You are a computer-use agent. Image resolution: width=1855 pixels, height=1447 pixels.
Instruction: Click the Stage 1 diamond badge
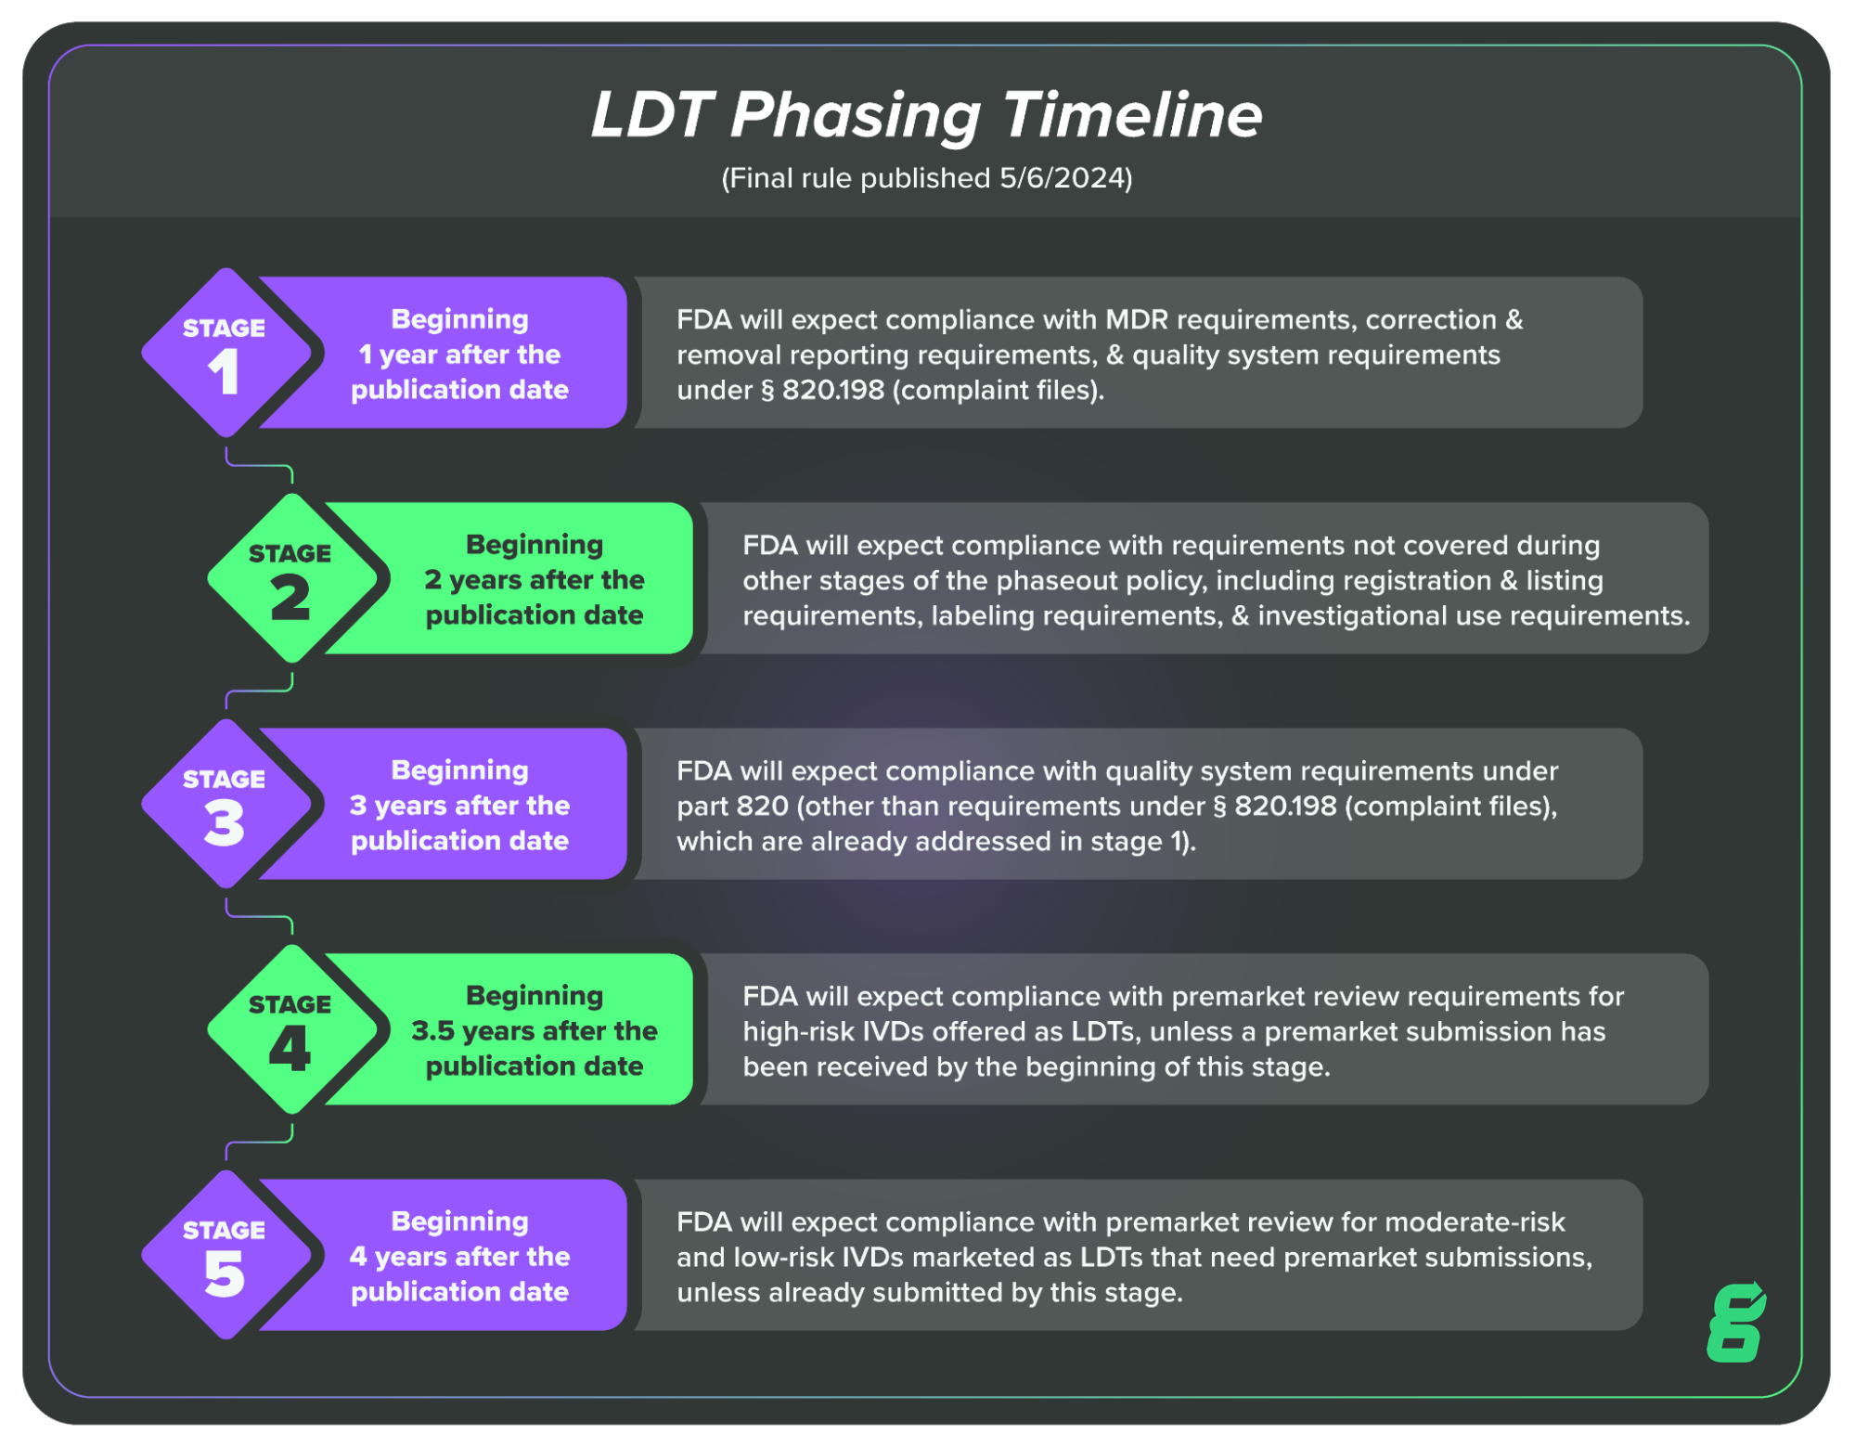(225, 353)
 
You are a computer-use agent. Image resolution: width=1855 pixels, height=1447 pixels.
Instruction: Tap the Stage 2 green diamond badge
(291, 578)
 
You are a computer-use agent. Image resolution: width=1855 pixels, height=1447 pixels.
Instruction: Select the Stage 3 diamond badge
(225, 804)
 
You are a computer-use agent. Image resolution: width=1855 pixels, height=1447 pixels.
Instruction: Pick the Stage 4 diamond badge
(291, 1029)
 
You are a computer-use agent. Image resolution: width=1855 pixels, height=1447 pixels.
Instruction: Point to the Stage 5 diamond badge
(225, 1255)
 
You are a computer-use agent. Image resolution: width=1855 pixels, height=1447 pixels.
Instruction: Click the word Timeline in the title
(1132, 115)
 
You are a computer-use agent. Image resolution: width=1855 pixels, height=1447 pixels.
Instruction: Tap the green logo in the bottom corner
(1736, 1323)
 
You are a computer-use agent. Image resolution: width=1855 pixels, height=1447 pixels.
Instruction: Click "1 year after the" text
(460, 355)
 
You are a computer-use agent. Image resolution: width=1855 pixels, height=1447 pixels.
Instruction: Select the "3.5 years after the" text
(535, 1031)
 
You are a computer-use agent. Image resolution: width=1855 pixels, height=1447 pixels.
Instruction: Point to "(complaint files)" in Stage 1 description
(998, 391)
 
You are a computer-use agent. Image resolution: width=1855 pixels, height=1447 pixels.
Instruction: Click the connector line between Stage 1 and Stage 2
(260, 466)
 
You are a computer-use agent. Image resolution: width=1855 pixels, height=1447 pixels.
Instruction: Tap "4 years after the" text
(460, 1257)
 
